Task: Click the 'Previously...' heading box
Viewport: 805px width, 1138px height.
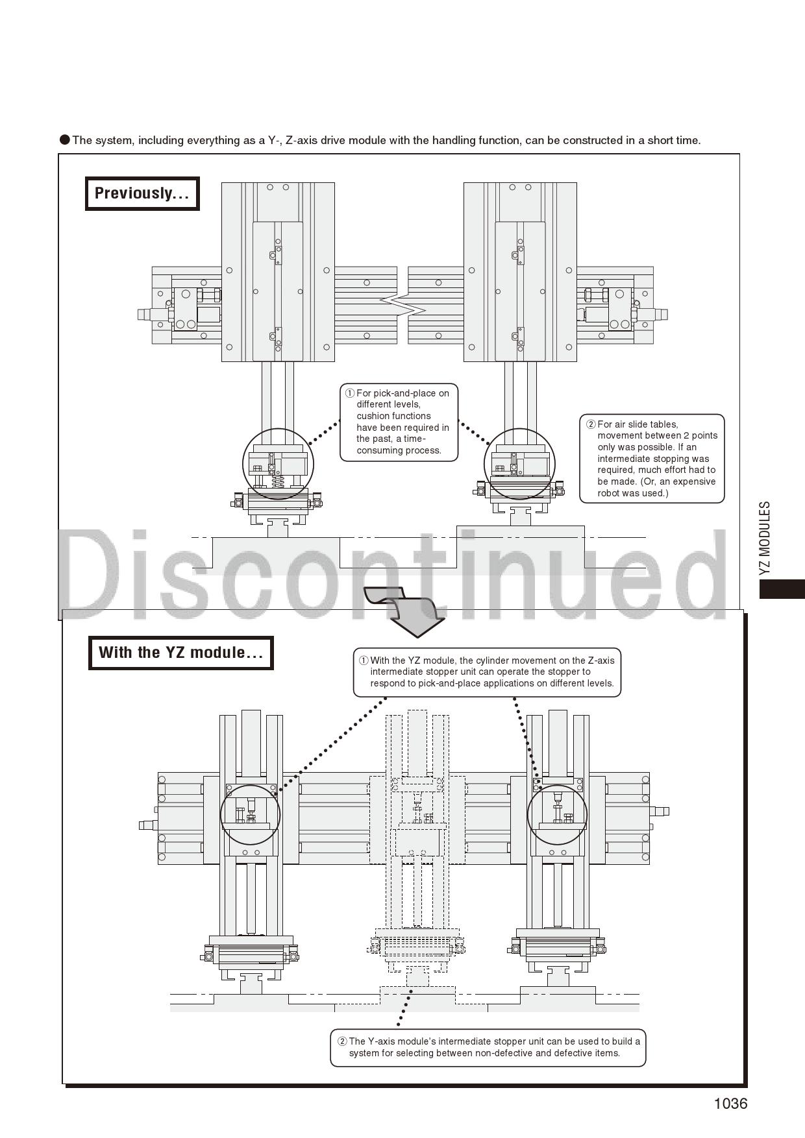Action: [x=142, y=193]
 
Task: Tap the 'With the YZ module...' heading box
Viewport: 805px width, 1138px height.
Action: [x=180, y=653]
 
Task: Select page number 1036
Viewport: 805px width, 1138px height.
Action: [x=730, y=1104]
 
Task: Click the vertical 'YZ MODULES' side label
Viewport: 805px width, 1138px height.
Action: [x=765, y=537]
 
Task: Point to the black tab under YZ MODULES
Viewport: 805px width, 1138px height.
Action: [x=782, y=588]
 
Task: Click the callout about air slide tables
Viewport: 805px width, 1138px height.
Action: [x=652, y=459]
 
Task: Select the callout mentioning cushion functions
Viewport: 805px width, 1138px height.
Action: [x=399, y=422]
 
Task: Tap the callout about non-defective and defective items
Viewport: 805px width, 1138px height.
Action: [x=488, y=1047]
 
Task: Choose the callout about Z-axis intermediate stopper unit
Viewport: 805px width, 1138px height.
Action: [x=487, y=672]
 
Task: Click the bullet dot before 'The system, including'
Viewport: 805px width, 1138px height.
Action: [x=65, y=139]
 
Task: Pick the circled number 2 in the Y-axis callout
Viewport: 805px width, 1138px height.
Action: [x=342, y=1041]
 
